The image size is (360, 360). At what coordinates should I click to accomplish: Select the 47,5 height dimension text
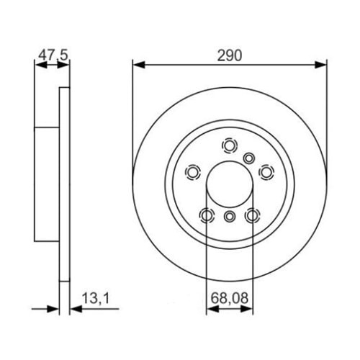click(48, 54)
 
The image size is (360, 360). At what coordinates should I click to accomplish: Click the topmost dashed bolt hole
click(230, 146)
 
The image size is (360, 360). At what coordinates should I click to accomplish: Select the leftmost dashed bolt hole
click(193, 173)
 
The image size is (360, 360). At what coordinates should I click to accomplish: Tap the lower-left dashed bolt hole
click(207, 215)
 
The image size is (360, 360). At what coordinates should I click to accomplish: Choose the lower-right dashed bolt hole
click(252, 215)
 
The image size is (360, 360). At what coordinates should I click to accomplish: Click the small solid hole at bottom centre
click(230, 217)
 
